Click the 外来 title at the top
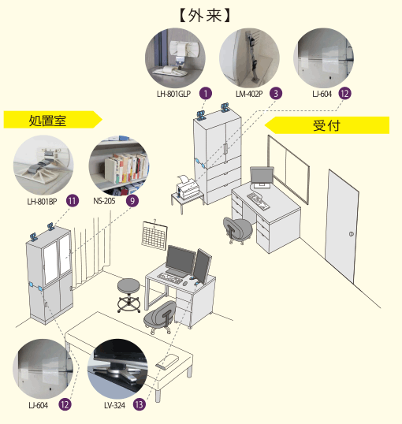[x=205, y=16]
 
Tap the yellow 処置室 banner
[x=53, y=120]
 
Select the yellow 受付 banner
[x=327, y=125]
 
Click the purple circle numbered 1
[x=206, y=94]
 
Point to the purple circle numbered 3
[x=276, y=94]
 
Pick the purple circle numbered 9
[x=132, y=201]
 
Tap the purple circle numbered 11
[x=73, y=201]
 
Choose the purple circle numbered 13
[x=139, y=405]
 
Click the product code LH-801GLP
[x=173, y=94]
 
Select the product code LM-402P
[x=249, y=94]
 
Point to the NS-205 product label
[x=104, y=201]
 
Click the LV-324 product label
[x=115, y=405]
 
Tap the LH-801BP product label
[x=43, y=202]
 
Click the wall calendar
[x=154, y=235]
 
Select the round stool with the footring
[x=128, y=296]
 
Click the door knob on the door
[x=351, y=234]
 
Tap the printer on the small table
[x=187, y=187]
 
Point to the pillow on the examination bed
[x=167, y=362]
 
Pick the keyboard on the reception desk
[x=258, y=200]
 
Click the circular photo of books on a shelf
[x=119, y=166]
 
